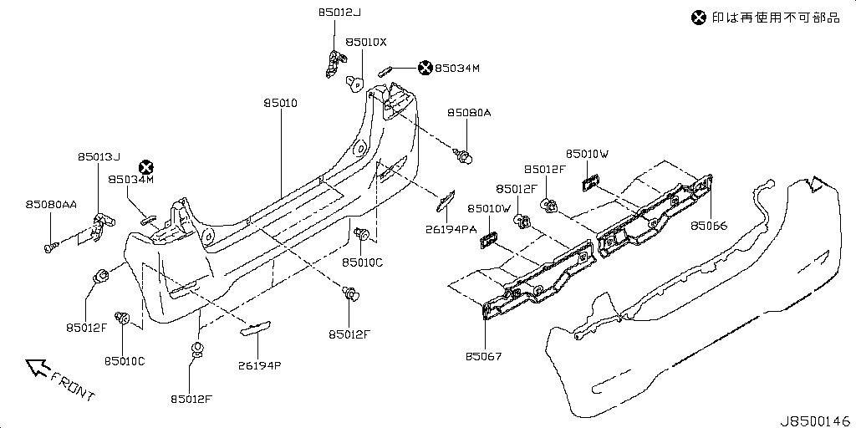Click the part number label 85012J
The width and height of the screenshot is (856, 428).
(341, 13)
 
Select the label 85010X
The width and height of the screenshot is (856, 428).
(366, 42)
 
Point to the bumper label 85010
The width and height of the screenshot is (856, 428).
(281, 103)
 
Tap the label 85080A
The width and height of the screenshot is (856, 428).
(468, 112)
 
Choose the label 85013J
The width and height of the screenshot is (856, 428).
(99, 156)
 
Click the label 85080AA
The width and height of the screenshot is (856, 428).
(51, 204)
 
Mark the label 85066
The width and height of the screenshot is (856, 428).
(709, 226)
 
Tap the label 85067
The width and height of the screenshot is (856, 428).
(484, 357)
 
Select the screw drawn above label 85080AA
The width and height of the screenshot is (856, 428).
(51, 245)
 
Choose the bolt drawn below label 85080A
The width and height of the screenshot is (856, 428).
(464, 155)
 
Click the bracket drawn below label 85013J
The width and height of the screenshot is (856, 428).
(101, 222)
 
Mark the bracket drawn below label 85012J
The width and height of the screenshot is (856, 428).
(336, 63)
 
